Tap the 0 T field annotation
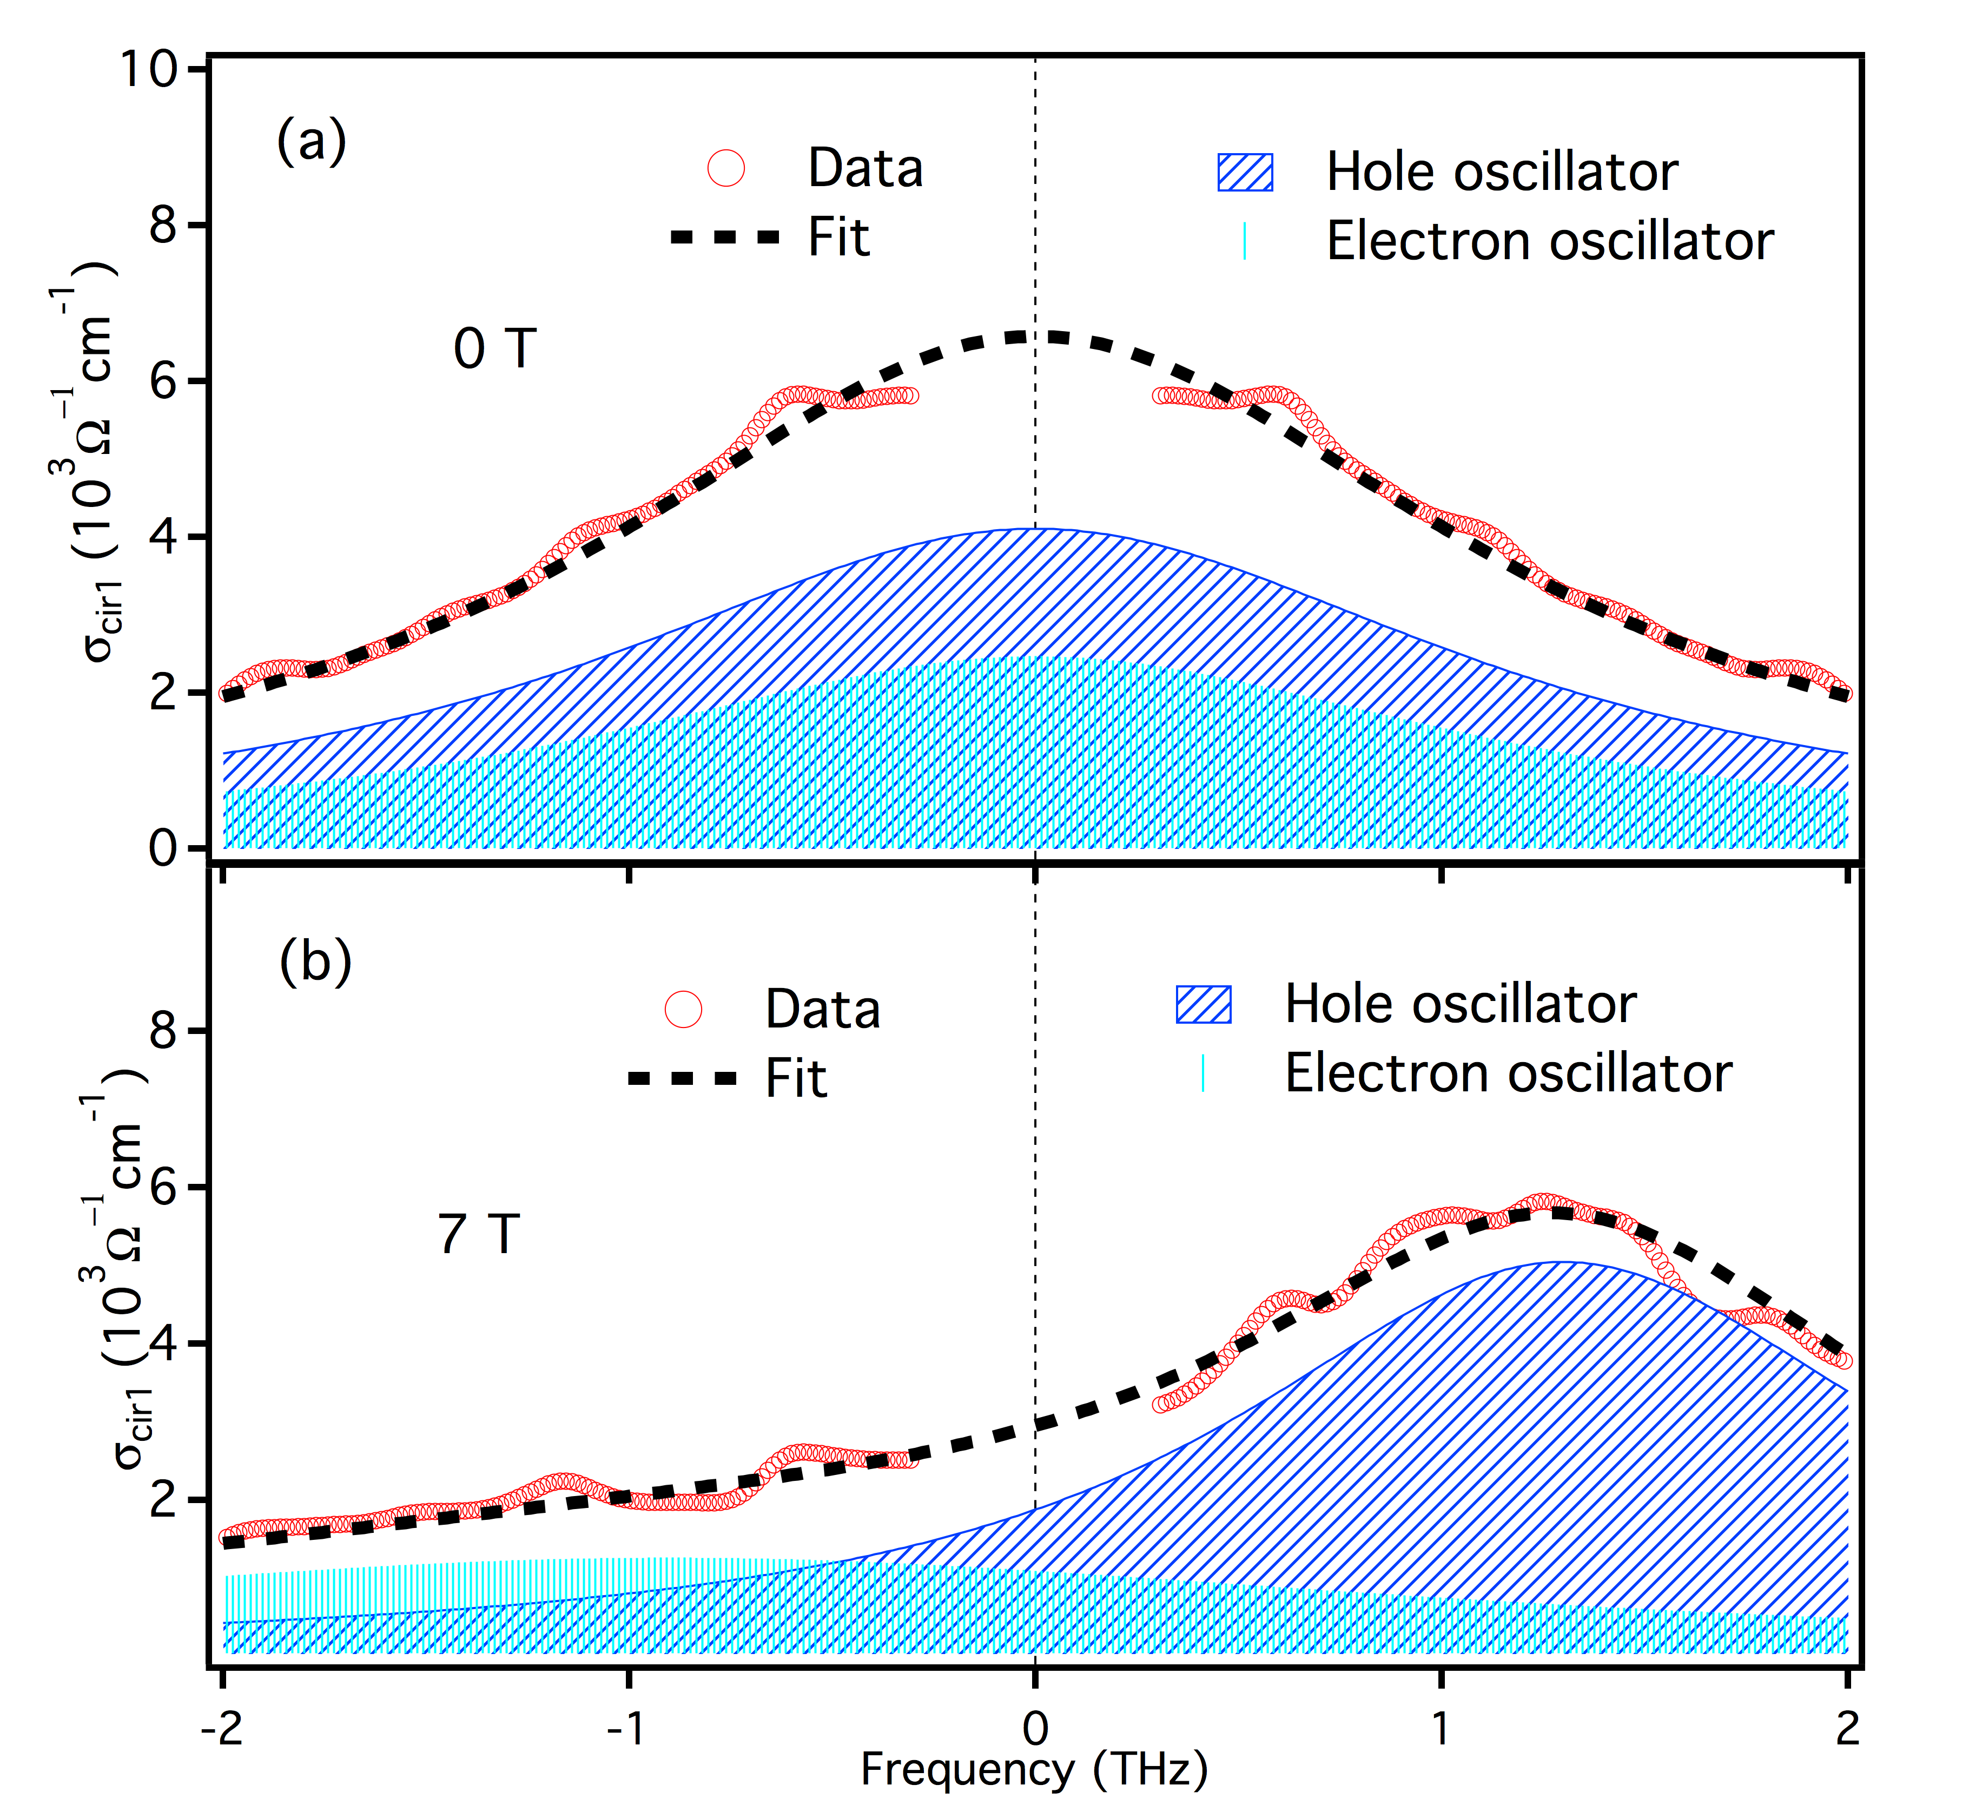pos(495,349)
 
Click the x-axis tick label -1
pos(625,1729)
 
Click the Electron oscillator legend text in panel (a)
pos(1549,241)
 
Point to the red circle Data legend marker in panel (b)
pos(684,1009)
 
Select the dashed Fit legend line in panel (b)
pos(683,1078)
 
